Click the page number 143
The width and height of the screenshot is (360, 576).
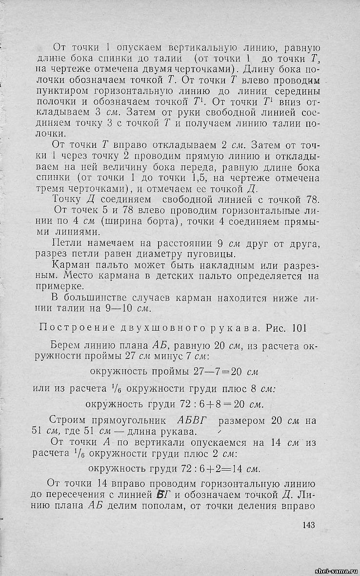308,525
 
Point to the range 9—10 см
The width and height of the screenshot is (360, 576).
132,308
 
